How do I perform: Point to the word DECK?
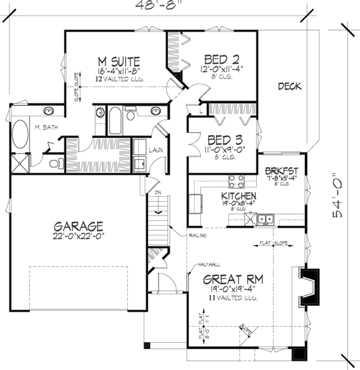(x=290, y=86)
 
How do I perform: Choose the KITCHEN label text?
(x=239, y=196)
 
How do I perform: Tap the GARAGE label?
(x=78, y=226)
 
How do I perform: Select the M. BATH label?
(x=45, y=127)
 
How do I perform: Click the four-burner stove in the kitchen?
(x=236, y=181)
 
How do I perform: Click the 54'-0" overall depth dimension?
(x=341, y=186)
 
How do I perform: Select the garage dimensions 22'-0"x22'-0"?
(x=78, y=237)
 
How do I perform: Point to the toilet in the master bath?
(x=54, y=162)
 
